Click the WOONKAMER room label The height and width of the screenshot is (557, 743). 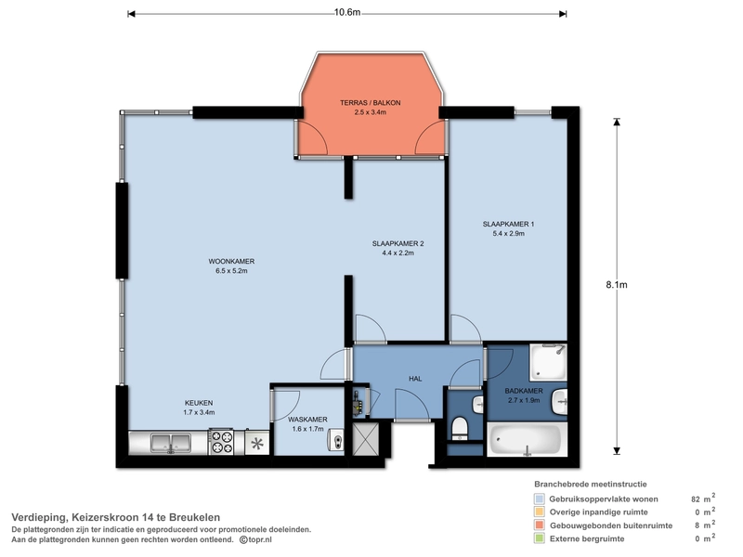coord(231,261)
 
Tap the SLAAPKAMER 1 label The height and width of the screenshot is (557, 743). coord(508,224)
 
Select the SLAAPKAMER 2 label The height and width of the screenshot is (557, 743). coord(398,243)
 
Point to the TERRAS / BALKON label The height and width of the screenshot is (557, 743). coord(370,102)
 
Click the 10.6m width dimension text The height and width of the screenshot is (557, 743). coord(347,12)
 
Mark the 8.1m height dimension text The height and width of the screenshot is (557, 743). coord(617,285)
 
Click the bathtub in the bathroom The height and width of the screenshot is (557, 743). coord(527,439)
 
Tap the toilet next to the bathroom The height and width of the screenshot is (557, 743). coord(460,428)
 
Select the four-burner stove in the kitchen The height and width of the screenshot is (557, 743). coord(221,442)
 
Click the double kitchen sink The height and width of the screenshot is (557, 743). coord(171,443)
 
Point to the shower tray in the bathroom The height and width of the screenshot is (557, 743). coord(548,362)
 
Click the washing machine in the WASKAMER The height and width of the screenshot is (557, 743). coord(336,442)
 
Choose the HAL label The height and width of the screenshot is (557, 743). coord(415,379)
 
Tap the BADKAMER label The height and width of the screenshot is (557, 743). coord(524,391)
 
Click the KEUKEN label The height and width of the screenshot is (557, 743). coord(199,403)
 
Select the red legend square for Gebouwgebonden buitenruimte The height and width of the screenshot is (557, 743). coord(540,525)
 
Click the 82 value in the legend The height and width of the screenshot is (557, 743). coord(696,499)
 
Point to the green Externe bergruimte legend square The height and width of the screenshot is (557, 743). coord(540,538)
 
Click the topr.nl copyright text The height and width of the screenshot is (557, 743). coord(255,539)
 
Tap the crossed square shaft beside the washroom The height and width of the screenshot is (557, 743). coord(366,439)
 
